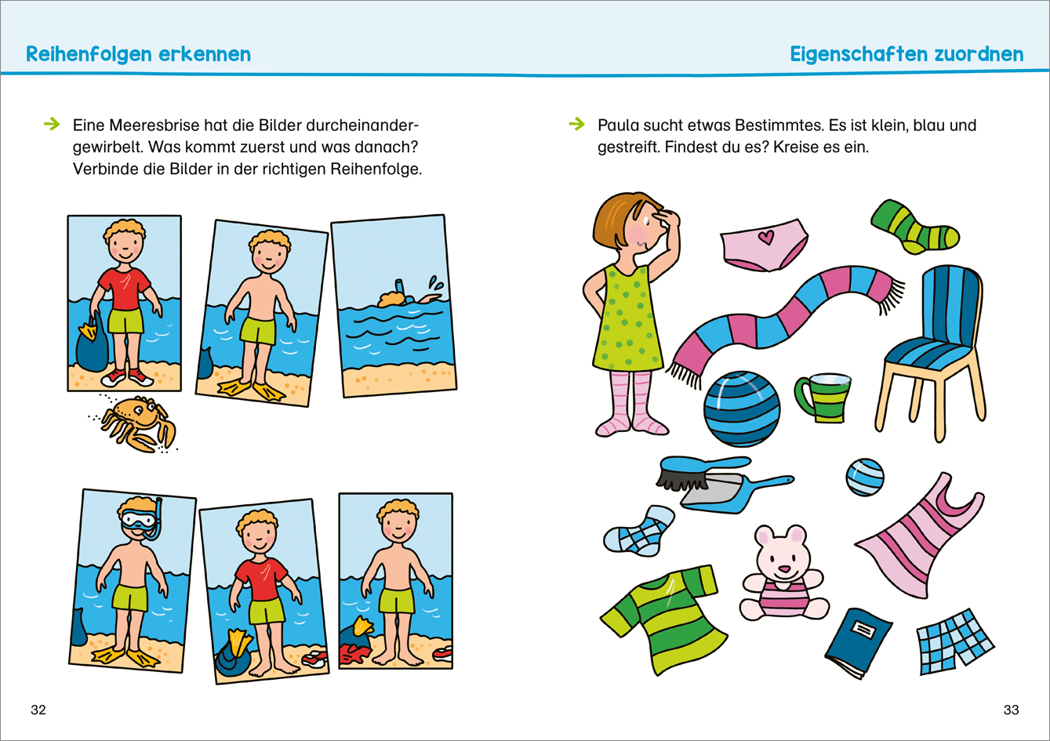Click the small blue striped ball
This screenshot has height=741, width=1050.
point(865,477)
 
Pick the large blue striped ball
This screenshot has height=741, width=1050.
point(742,409)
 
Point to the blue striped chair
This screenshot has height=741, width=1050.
point(932,351)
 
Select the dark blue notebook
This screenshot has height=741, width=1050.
point(859,642)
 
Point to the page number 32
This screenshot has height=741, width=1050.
point(38,710)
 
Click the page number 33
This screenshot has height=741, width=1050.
point(1011,710)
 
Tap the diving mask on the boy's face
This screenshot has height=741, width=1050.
point(138,520)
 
